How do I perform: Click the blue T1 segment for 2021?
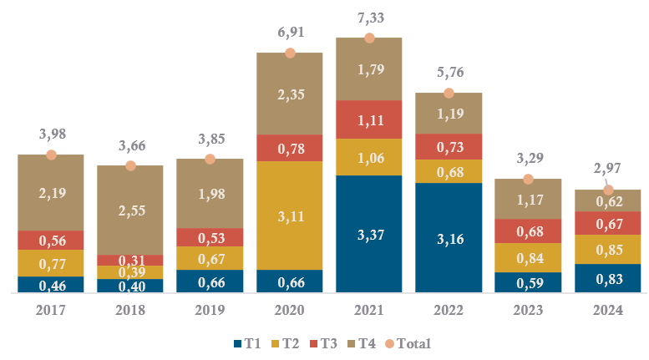[369, 234]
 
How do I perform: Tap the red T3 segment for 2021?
[369, 119]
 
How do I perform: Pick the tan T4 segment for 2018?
[130, 210]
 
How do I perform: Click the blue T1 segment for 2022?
[449, 238]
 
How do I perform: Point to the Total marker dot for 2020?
[290, 53]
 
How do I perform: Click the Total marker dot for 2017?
[51, 155]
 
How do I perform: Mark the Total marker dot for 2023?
[528, 179]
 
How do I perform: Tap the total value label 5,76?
[449, 74]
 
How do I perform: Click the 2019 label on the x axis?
[210, 310]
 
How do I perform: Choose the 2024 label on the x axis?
[607, 310]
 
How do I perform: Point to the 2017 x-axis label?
[51, 310]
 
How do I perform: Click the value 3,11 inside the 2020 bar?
[290, 216]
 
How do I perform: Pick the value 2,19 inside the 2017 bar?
[51, 193]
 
